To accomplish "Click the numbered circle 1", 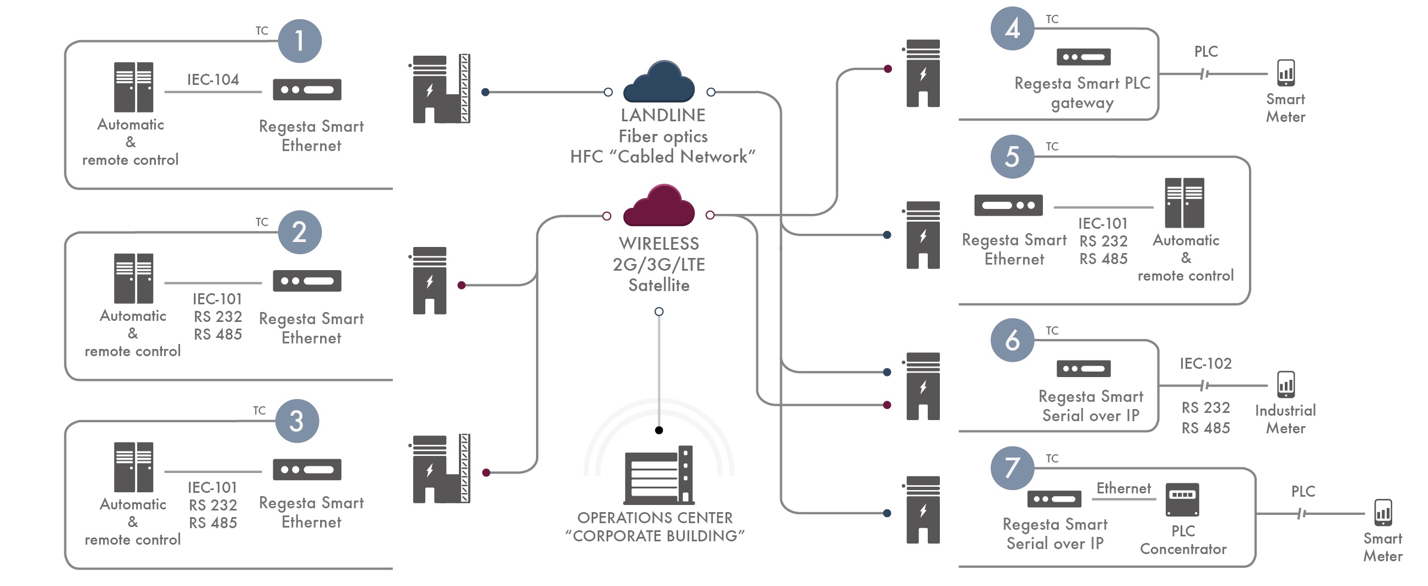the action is [x=299, y=41].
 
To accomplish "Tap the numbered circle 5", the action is [x=1012, y=157].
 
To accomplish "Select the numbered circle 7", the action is [x=1012, y=468].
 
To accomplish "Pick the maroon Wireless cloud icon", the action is [x=659, y=205].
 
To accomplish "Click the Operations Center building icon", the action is [x=659, y=475].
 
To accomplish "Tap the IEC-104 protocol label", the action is [x=213, y=79].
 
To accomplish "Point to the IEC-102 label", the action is [x=1205, y=363].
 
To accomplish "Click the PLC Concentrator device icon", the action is [x=1182, y=499].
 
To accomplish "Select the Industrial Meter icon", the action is [x=1285, y=384].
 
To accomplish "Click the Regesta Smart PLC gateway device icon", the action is [x=1084, y=57].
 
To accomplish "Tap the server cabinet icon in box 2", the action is [x=133, y=278].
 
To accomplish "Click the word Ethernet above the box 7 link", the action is [x=1124, y=488].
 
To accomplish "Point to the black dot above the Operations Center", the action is [x=659, y=430].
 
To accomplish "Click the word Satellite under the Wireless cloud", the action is [x=659, y=285].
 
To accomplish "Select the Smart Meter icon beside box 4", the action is [x=1285, y=73].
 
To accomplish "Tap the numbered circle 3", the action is [x=297, y=421].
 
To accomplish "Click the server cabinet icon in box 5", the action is [x=1184, y=202].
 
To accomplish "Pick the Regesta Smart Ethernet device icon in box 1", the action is [x=307, y=90].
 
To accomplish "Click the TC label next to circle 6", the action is [x=1052, y=331].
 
